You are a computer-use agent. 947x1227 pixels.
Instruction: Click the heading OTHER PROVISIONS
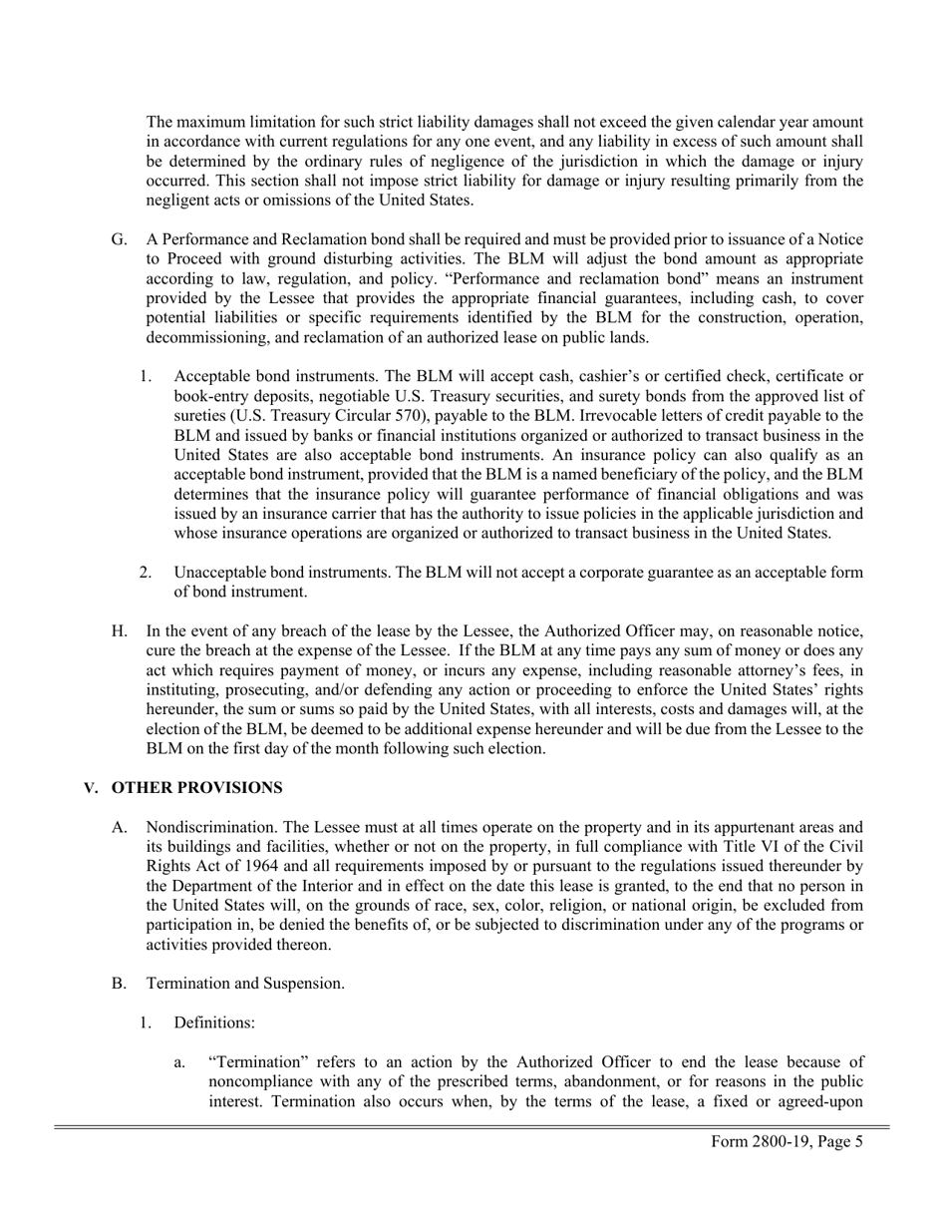[x=196, y=788]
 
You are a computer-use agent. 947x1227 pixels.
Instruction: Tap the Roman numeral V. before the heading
[x=92, y=788]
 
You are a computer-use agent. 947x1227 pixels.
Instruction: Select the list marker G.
[x=119, y=240]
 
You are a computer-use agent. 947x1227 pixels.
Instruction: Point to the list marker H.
[x=119, y=631]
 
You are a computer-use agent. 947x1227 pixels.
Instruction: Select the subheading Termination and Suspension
[x=245, y=984]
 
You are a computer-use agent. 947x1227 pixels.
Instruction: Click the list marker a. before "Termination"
[x=179, y=1062]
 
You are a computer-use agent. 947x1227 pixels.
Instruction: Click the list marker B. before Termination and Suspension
[x=119, y=984]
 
